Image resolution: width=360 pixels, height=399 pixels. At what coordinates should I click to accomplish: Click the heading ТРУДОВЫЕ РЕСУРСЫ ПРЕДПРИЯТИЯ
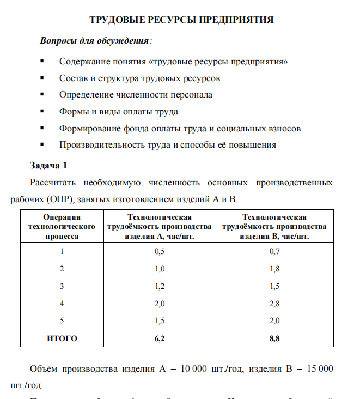point(181,20)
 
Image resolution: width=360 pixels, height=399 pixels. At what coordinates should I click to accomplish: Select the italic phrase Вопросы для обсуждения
point(95,41)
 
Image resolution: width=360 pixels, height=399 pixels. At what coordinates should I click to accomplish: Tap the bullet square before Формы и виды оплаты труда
point(42,112)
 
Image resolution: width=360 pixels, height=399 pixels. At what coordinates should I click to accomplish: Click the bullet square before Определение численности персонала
point(42,95)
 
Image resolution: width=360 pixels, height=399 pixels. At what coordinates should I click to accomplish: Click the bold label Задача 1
point(48,165)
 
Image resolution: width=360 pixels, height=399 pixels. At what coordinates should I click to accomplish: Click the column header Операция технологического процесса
point(62,227)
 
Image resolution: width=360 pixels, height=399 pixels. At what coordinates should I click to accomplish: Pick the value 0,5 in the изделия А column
point(160,251)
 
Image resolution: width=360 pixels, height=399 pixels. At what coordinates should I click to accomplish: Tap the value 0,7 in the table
point(274,251)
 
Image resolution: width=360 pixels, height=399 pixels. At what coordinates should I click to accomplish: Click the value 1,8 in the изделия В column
point(274,269)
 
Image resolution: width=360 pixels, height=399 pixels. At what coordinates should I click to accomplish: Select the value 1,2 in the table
point(160,286)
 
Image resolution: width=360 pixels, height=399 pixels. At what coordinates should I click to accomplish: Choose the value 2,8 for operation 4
point(274,304)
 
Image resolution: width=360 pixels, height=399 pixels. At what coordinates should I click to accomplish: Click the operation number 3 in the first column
point(62,286)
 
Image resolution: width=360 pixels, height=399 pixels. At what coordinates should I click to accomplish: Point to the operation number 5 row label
point(62,321)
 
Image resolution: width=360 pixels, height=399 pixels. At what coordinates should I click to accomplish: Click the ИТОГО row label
point(62,338)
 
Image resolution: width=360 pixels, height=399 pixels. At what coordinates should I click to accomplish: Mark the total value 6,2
point(160,338)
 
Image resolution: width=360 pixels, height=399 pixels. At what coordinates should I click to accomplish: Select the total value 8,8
point(274,338)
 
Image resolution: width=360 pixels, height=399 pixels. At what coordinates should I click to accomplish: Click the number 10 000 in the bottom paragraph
point(193,369)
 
